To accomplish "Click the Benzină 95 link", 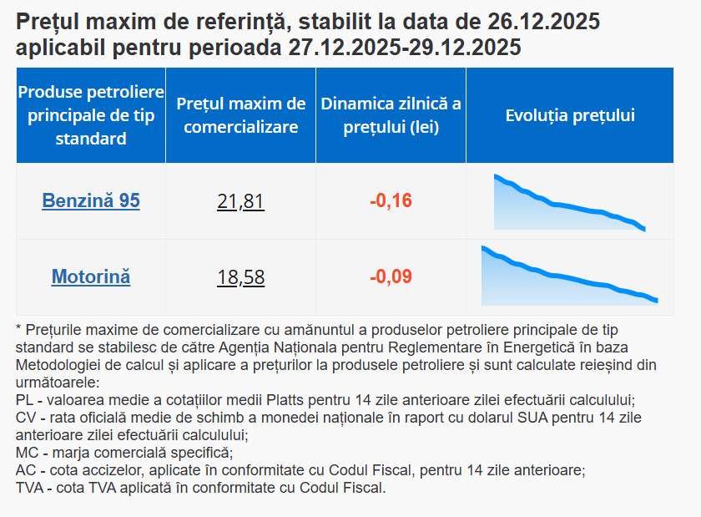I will pos(91,201).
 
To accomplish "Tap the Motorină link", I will pos(91,276).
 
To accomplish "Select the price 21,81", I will pos(240,201).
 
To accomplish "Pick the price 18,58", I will pos(240,277).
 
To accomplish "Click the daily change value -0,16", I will pos(391,201).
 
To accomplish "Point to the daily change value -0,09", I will pos(391,277).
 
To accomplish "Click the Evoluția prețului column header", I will pos(570,115).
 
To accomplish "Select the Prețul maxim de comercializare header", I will pos(241,115).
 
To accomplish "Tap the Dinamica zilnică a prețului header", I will pos(391,115).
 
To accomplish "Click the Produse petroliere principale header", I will pos(91,115).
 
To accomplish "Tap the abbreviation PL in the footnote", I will pos(25,400).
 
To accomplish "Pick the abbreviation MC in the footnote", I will pos(27,453).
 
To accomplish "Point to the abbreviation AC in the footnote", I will pos(26,470).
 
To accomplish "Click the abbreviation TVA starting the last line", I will pos(31,488).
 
